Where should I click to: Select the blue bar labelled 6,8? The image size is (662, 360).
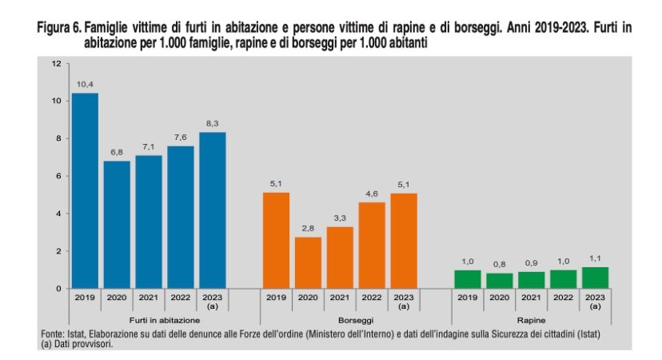pos(117,224)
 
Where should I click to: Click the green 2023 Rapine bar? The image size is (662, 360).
pos(595,278)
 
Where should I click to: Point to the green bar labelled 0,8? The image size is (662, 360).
pos(499,280)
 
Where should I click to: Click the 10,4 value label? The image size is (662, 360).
pos(85,84)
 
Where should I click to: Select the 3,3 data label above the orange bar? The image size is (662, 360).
pos(340,218)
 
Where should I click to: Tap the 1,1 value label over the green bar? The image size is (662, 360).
pos(595,258)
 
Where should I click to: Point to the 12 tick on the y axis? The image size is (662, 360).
pos(56,63)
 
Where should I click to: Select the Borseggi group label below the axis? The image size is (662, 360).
pos(340,320)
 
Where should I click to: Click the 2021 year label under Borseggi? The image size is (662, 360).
pos(340,298)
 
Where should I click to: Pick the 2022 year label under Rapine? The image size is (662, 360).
pos(563,298)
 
